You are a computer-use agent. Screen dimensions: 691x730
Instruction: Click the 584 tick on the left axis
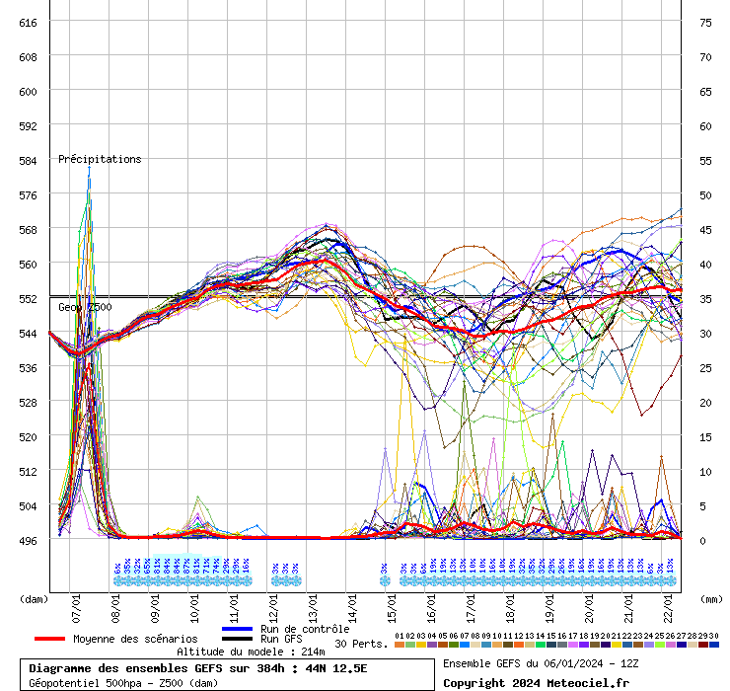[28, 160]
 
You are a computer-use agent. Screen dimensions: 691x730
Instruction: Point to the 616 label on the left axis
[28, 22]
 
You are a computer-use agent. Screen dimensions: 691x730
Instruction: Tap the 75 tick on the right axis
[705, 22]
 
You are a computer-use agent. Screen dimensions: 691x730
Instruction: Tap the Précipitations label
[100, 159]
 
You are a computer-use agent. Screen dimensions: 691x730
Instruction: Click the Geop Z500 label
[85, 307]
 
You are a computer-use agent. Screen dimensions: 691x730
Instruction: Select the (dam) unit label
[34, 598]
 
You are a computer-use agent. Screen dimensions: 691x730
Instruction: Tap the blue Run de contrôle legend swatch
[238, 629]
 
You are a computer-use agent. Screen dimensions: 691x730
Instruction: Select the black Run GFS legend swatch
[238, 639]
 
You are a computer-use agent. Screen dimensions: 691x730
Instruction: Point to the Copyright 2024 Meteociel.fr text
[536, 682]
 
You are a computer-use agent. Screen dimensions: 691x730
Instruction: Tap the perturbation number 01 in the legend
[399, 636]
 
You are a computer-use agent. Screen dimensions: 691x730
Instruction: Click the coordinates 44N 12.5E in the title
[331, 668]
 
